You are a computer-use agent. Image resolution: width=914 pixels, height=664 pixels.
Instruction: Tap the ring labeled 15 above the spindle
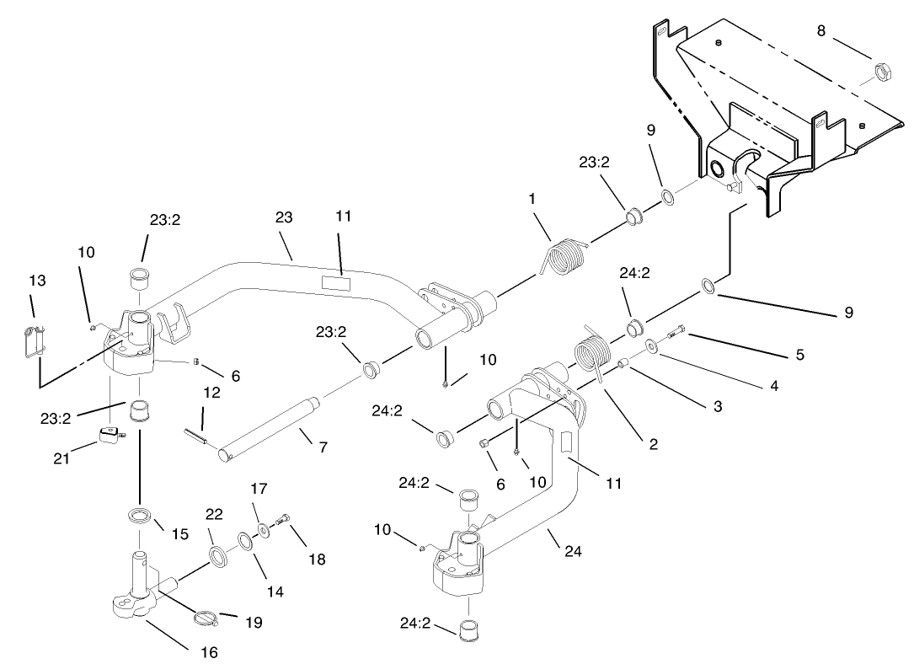(138, 515)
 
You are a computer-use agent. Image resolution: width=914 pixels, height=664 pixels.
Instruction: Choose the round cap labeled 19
(206, 618)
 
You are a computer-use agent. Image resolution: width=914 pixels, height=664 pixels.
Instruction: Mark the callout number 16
(208, 651)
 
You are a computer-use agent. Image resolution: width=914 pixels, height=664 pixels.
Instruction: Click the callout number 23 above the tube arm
(283, 217)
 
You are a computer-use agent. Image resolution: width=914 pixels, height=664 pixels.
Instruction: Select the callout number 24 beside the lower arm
(574, 552)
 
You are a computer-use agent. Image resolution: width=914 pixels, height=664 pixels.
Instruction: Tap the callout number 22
(215, 515)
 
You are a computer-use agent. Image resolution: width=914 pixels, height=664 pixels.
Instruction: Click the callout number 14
(275, 592)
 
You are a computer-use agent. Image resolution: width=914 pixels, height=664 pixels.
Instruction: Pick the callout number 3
(717, 405)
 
